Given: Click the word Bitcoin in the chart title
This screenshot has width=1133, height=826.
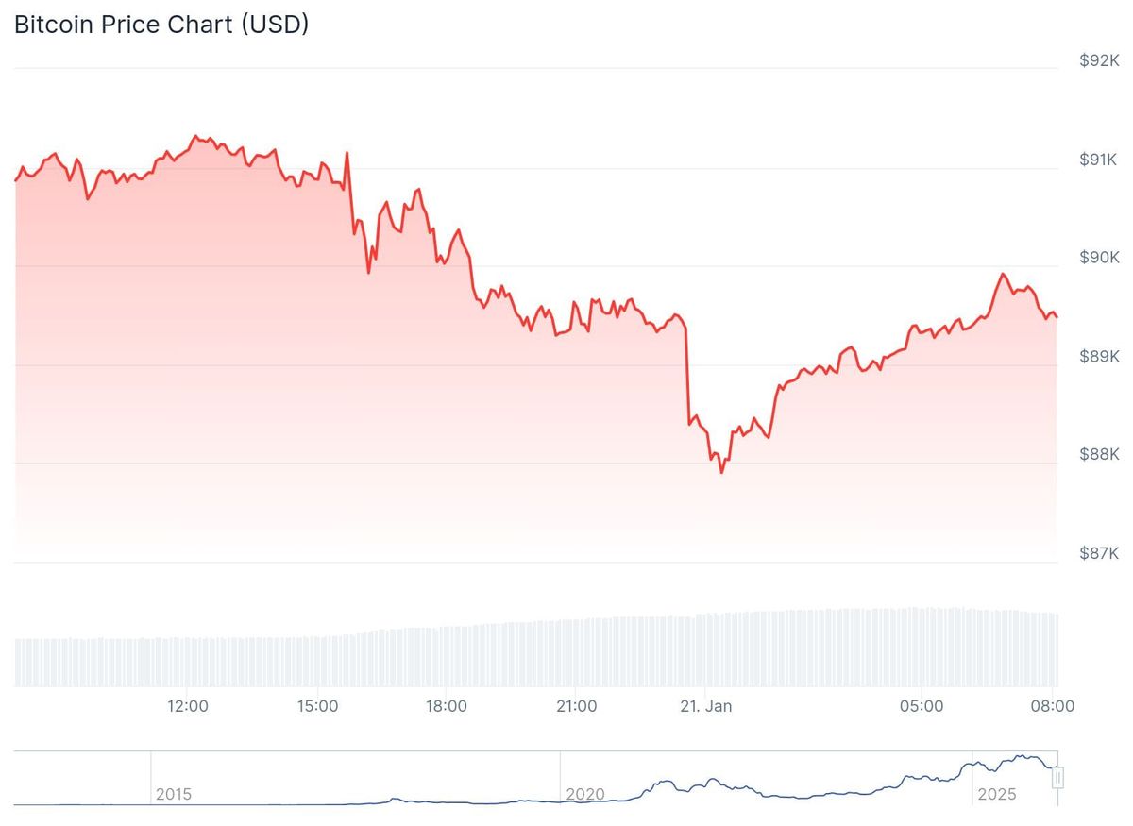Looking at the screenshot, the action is click(54, 25).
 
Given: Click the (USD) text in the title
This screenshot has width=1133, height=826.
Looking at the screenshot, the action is click(275, 25).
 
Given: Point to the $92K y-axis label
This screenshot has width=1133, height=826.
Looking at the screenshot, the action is click(1099, 60).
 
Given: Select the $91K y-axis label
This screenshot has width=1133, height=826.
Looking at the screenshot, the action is click(1097, 160).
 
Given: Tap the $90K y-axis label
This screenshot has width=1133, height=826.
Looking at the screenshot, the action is click(1099, 258).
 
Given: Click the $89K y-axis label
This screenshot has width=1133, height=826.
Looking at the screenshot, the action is click(1099, 357).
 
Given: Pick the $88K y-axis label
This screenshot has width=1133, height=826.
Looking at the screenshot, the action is click(1099, 454).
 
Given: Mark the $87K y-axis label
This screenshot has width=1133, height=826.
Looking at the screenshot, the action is click(1099, 553).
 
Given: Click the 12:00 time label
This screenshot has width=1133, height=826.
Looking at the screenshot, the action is click(188, 706).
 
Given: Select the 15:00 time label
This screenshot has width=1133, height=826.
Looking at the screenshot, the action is click(317, 706).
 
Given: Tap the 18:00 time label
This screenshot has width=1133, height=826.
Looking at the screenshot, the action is click(446, 706).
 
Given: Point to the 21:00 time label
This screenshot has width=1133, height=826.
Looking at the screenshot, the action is click(577, 706).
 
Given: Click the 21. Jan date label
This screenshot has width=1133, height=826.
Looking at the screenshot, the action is click(705, 706).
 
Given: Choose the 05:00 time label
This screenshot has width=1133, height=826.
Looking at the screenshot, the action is click(922, 706).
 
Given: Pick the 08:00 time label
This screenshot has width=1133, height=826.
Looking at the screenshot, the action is click(1053, 706).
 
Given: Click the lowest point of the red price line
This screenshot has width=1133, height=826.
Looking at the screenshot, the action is click(721, 472).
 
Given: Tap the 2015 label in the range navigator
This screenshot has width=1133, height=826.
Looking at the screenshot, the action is click(174, 795).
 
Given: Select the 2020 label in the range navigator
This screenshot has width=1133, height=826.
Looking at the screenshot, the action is click(585, 795).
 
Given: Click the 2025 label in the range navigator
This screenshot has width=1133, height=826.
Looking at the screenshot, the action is click(997, 795).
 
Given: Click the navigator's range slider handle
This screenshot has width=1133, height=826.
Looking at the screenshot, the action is click(1057, 778).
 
